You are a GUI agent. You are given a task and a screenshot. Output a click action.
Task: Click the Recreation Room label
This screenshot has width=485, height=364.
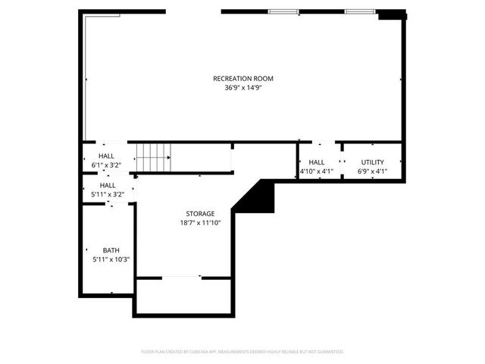[x=242, y=79]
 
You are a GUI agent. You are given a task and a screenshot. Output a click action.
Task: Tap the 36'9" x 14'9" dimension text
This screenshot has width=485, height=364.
[x=242, y=88]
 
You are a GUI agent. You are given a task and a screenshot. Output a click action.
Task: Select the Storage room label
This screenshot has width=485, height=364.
[x=200, y=214]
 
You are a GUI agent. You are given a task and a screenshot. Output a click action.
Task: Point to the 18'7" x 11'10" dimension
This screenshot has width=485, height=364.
[x=200, y=223]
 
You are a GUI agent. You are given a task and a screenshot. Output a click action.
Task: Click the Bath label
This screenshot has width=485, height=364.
[x=111, y=250]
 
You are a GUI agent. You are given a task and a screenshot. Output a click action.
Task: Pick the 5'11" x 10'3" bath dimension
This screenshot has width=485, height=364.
[x=111, y=259]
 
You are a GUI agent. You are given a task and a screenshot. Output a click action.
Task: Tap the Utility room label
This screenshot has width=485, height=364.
[x=372, y=162]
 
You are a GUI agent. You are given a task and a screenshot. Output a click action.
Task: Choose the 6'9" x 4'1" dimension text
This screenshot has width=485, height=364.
[x=372, y=171]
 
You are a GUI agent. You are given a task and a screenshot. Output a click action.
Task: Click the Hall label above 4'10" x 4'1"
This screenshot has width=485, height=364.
[x=317, y=162]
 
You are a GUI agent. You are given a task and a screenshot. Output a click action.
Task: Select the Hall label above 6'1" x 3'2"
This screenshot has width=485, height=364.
[x=107, y=156]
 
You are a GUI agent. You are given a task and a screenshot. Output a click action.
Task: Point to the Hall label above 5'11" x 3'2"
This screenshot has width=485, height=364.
[x=108, y=185]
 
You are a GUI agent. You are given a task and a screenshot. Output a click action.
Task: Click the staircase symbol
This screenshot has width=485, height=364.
[x=155, y=158]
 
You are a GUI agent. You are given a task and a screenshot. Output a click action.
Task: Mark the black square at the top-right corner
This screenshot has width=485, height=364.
[x=390, y=14]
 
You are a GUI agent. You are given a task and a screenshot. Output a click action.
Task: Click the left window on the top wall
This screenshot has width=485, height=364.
[x=282, y=11]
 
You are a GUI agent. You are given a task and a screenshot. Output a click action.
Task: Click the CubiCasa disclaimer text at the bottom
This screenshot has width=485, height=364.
[x=242, y=352]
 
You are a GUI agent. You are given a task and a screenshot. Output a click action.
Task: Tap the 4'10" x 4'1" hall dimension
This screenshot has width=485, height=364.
[x=317, y=171]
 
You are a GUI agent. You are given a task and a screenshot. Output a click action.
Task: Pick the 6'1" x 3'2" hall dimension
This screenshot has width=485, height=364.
[x=107, y=165]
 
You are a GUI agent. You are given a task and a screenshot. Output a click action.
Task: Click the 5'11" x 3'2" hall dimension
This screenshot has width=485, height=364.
[x=108, y=194]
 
